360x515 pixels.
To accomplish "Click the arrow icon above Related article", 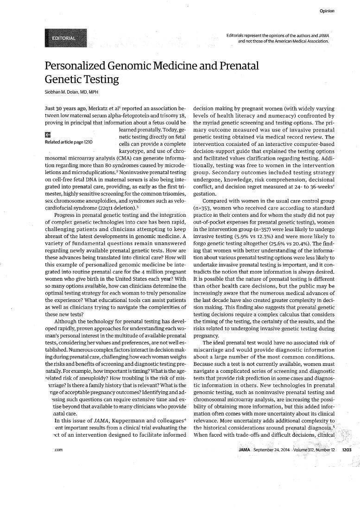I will [x=47, y=135].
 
